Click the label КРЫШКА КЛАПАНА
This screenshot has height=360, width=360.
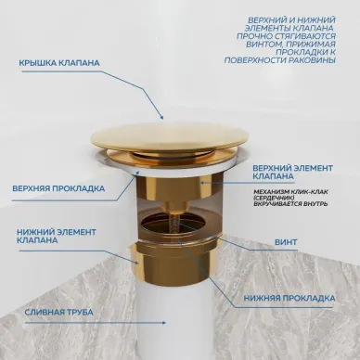coord(59,63)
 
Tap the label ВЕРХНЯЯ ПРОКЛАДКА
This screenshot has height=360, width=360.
coord(58,188)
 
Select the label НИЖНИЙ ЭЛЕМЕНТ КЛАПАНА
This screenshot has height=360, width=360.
coord(57,236)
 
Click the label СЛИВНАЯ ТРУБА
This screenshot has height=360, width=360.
coord(58,312)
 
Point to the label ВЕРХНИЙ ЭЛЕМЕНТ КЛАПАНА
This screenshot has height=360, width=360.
coord(293,173)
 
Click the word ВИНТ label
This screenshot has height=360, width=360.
coord(286,242)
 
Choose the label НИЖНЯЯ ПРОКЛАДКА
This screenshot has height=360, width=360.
coord(289,299)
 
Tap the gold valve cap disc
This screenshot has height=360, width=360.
coord(170,136)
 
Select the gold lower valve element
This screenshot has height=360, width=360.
coord(175,264)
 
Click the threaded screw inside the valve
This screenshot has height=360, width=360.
coord(175,225)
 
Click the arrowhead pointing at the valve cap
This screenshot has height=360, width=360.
coord(161,117)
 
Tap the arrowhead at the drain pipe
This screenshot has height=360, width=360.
coord(163,323)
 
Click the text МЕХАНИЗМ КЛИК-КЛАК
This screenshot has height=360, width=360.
coord(290,192)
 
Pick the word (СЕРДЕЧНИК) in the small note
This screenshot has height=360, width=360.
coord(274,198)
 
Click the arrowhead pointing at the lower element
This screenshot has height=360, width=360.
coord(136,263)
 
